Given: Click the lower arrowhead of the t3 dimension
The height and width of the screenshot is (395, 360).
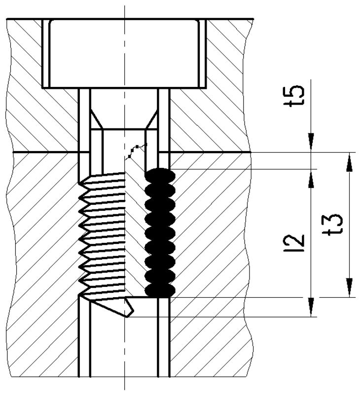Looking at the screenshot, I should click(x=349, y=288).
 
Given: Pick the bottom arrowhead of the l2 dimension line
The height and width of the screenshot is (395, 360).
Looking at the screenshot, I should click(x=311, y=306).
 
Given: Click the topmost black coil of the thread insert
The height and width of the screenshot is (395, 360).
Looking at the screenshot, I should click(x=159, y=174).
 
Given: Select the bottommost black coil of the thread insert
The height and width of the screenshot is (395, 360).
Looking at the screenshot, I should click(x=159, y=291).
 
